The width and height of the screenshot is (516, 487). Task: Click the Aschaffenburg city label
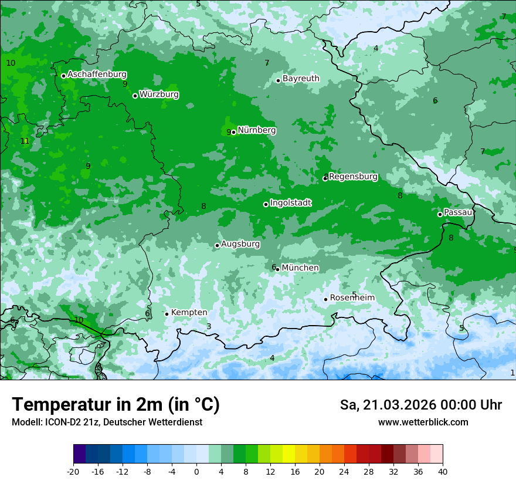click(97, 75)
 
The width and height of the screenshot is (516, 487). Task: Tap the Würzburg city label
click(159, 94)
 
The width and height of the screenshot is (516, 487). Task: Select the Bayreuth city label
click(301, 78)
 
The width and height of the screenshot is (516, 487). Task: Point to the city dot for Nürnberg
click(233, 132)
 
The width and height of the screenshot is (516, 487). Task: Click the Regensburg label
click(353, 177)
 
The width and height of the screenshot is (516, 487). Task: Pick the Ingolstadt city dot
click(266, 204)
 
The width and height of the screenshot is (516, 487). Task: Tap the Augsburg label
click(240, 244)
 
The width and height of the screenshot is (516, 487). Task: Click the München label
click(300, 268)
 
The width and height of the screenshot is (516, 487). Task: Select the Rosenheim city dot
click(325, 299)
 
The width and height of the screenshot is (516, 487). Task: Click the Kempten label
click(189, 312)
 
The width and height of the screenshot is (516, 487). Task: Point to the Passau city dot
click(440, 214)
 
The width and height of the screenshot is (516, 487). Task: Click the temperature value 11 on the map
click(25, 141)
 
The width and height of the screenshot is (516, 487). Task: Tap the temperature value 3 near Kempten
click(209, 326)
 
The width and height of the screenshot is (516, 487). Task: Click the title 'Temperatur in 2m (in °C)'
click(116, 405)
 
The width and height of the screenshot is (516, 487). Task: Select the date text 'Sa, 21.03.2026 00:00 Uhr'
click(420, 405)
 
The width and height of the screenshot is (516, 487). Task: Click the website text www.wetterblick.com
click(423, 422)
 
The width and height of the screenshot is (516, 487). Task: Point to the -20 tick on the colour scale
click(73, 471)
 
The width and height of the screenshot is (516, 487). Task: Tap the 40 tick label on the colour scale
click(442, 471)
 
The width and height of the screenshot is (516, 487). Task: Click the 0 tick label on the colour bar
click(196, 471)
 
